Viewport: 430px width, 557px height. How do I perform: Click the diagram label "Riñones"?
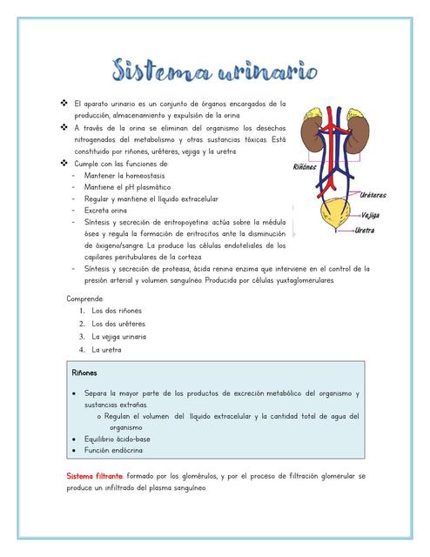304,165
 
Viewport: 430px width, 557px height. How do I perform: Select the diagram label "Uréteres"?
373,195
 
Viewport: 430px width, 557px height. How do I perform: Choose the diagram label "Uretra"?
365,231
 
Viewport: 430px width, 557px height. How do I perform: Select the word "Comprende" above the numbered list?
84,299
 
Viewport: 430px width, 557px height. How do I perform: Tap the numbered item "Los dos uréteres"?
118,324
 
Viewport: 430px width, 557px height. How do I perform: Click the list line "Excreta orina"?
107,211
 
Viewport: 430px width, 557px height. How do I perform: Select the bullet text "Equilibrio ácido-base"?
118,439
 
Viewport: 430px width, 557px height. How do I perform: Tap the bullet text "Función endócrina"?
113,450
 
